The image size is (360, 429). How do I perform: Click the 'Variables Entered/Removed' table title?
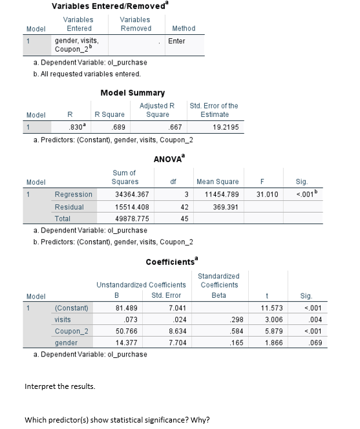107,6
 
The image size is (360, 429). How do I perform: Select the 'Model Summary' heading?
132,93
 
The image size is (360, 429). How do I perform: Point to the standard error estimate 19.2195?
225,127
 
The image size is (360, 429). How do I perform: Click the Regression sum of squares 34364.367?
131,194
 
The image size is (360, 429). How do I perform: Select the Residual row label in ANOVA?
68,207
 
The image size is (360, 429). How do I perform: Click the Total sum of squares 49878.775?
131,219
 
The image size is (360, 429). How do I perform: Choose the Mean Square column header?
217,182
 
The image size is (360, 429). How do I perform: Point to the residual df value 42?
184,207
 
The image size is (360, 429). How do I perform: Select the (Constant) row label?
72,308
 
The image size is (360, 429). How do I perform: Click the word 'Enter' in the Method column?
176,41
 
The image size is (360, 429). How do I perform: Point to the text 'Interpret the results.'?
59,386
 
